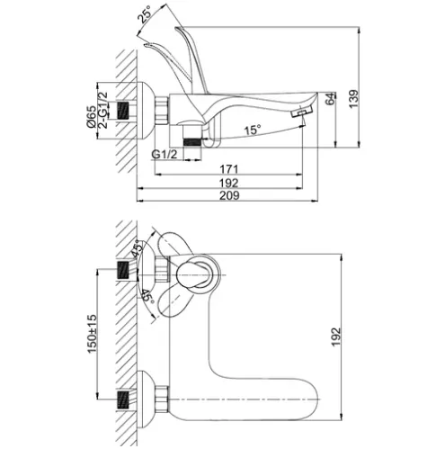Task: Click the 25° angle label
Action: [145, 13]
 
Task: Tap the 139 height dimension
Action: [353, 99]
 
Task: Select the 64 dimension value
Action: [330, 99]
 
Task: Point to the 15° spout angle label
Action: [253, 130]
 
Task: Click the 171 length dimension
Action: [229, 169]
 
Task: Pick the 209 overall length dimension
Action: [229, 195]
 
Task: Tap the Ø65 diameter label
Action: [92, 116]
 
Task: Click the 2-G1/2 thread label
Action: [102, 110]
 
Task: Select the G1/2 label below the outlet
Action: [165, 155]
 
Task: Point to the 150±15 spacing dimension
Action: [93, 334]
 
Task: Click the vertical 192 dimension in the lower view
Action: [336, 337]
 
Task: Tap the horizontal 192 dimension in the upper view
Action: [229, 183]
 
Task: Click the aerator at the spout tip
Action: [302, 112]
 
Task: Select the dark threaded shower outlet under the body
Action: [192, 142]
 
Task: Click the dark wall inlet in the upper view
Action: [122, 111]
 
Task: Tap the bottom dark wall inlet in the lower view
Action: [123, 400]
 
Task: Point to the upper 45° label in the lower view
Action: [136, 248]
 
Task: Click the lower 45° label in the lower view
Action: [147, 296]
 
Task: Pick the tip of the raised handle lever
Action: [177, 29]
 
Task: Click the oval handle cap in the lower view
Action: [192, 274]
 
